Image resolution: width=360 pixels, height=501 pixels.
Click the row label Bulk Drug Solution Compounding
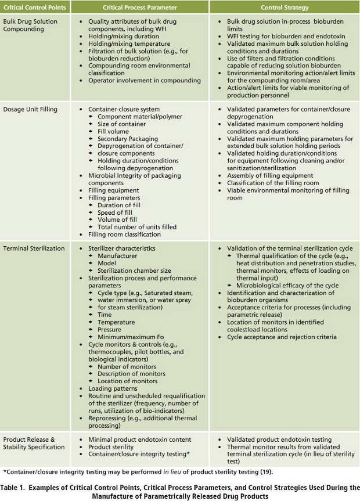[30, 24]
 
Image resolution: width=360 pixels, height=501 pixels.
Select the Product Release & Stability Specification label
[34, 443]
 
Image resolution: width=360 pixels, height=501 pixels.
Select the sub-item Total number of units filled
[136, 227]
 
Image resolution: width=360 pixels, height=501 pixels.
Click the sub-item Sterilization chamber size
[134, 270]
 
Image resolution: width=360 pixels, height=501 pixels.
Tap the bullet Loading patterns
[114, 388]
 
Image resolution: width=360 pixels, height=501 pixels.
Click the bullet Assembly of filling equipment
[269, 175]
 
